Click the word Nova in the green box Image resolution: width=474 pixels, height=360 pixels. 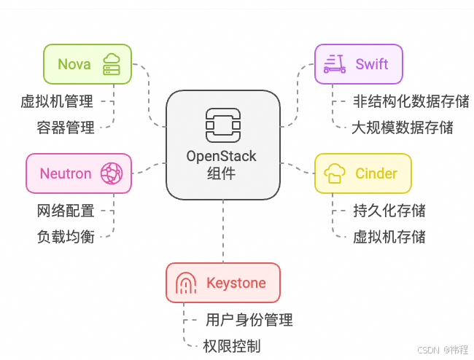click(74, 63)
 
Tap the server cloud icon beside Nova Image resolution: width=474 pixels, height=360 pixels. click(112, 63)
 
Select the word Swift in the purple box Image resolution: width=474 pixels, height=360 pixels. click(372, 64)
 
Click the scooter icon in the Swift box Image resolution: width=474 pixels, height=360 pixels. click(334, 63)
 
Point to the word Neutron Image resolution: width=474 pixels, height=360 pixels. click(66, 173)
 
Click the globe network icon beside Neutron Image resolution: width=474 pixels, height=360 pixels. click(112, 173)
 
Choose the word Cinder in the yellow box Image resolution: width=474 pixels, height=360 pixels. click(376, 173)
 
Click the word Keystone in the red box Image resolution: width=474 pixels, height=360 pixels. click(236, 283)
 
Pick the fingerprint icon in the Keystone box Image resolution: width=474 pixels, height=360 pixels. click(187, 283)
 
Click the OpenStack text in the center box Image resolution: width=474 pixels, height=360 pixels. click(222, 157)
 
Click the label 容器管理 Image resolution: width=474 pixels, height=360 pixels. click(66, 128)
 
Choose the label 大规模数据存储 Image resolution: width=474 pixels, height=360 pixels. click(402, 128)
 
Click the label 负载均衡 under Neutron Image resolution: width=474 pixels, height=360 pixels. click(66, 237)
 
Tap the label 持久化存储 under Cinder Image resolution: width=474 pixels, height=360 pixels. click(389, 211)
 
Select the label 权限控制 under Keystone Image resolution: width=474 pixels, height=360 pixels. click(231, 346)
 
